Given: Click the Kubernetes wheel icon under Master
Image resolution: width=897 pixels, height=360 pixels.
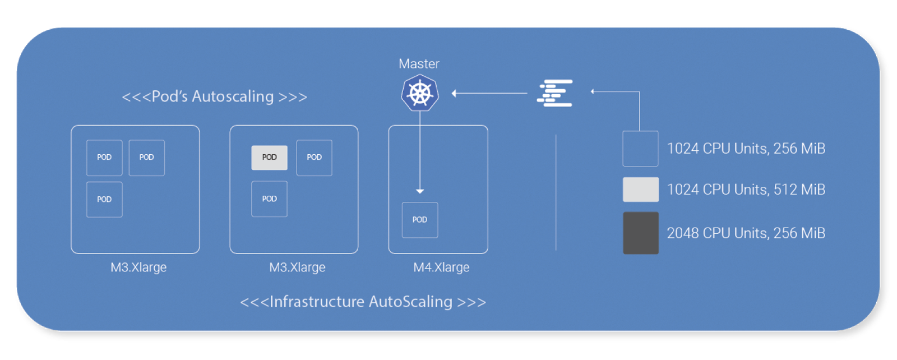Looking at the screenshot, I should (420, 93).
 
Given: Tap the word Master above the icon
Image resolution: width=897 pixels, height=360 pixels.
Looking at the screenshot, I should (419, 64).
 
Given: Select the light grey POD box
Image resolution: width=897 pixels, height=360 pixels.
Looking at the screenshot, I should (269, 158).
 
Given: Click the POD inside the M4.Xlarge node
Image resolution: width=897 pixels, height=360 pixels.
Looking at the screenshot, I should (420, 220).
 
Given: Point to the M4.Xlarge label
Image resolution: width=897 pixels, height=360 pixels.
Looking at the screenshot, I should (441, 267).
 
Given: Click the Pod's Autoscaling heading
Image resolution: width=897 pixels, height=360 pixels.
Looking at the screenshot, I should (215, 96).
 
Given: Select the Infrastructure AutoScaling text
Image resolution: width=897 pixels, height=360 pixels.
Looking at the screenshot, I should (363, 302).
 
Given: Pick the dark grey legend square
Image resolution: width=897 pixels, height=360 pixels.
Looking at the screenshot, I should (641, 233).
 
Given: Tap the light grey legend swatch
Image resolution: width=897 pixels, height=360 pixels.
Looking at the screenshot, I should (641, 190).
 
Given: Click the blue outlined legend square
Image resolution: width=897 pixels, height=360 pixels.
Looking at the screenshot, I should (640, 149).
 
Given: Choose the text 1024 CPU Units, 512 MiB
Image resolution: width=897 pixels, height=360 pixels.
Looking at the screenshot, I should (746, 190).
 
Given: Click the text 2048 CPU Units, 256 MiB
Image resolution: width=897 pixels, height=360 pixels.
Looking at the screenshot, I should (746, 233).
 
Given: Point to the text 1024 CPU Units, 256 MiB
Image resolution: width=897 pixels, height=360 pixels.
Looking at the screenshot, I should (746, 149).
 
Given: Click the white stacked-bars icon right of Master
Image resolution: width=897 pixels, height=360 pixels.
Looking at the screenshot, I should (555, 93).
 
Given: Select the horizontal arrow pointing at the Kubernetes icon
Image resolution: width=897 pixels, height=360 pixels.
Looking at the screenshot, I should (489, 93).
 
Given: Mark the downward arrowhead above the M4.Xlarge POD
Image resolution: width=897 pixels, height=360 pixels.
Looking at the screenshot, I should (420, 191).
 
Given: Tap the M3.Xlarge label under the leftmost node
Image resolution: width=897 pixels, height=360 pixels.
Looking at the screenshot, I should (138, 267).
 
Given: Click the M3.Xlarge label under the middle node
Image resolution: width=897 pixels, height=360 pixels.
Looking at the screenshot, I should (297, 267).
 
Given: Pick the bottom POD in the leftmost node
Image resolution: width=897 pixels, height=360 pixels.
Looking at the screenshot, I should (104, 200).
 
